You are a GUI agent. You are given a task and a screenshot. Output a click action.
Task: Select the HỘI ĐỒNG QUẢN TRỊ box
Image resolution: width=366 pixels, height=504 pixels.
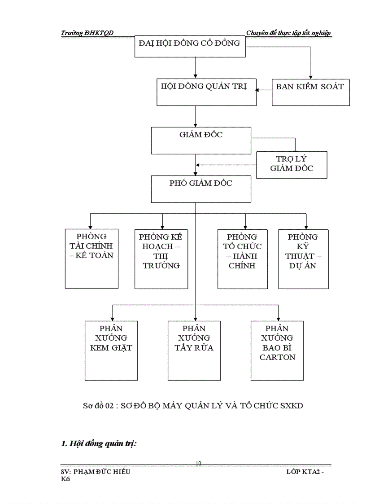(x=206, y=92)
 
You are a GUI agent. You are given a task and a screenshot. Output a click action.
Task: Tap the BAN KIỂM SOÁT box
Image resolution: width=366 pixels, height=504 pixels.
(x=310, y=92)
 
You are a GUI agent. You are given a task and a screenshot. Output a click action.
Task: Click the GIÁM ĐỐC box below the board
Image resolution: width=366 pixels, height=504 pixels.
(x=200, y=140)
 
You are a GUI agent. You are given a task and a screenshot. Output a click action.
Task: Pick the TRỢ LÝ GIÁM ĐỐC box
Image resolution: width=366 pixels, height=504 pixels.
(x=291, y=164)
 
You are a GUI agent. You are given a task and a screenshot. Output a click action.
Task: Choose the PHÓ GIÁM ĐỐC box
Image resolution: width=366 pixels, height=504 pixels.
(x=200, y=188)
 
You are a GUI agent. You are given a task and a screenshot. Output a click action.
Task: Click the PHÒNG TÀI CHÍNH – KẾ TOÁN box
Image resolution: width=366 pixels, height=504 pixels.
(x=91, y=258)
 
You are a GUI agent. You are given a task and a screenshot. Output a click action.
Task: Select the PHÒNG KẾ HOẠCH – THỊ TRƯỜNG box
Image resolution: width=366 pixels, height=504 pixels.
(x=161, y=258)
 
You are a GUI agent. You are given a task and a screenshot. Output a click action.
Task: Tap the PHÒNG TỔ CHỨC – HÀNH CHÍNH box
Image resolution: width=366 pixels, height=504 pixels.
(x=242, y=258)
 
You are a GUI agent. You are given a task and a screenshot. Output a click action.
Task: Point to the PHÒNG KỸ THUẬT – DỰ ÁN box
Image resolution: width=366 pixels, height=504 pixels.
(x=303, y=258)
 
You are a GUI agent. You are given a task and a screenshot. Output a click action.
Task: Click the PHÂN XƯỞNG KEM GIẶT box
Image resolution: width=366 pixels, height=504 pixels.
(x=111, y=350)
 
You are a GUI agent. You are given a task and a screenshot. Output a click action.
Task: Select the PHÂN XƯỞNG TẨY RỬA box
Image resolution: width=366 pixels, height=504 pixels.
(x=194, y=350)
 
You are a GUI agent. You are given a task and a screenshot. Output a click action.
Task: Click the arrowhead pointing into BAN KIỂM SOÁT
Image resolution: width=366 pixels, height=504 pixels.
(x=310, y=77)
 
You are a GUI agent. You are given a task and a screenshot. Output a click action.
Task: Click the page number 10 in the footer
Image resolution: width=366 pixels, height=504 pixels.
(x=198, y=463)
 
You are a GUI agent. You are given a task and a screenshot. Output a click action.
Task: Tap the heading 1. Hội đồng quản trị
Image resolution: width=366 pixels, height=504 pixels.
(x=99, y=443)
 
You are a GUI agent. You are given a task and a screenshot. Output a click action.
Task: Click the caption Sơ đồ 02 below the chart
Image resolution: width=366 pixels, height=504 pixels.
(x=193, y=406)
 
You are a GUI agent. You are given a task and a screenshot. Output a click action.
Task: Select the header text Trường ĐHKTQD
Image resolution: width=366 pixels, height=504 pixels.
(x=87, y=33)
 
